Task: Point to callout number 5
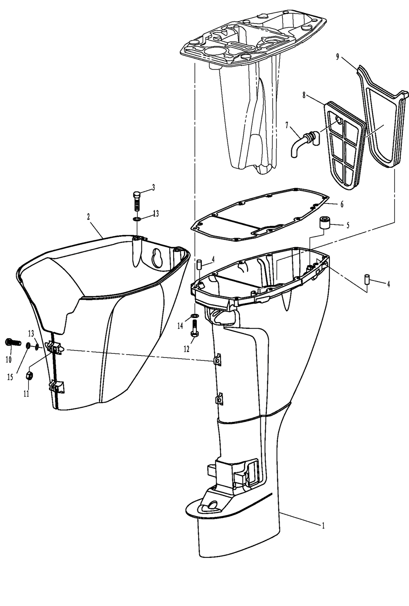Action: click(x=348, y=225)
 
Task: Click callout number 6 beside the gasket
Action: click(x=342, y=205)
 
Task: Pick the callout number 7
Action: click(x=287, y=125)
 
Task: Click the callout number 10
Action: click(x=8, y=359)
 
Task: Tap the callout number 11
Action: click(x=26, y=394)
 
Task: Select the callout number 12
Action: click(x=186, y=349)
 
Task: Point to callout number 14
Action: click(x=180, y=326)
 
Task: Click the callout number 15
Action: click(x=10, y=377)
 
